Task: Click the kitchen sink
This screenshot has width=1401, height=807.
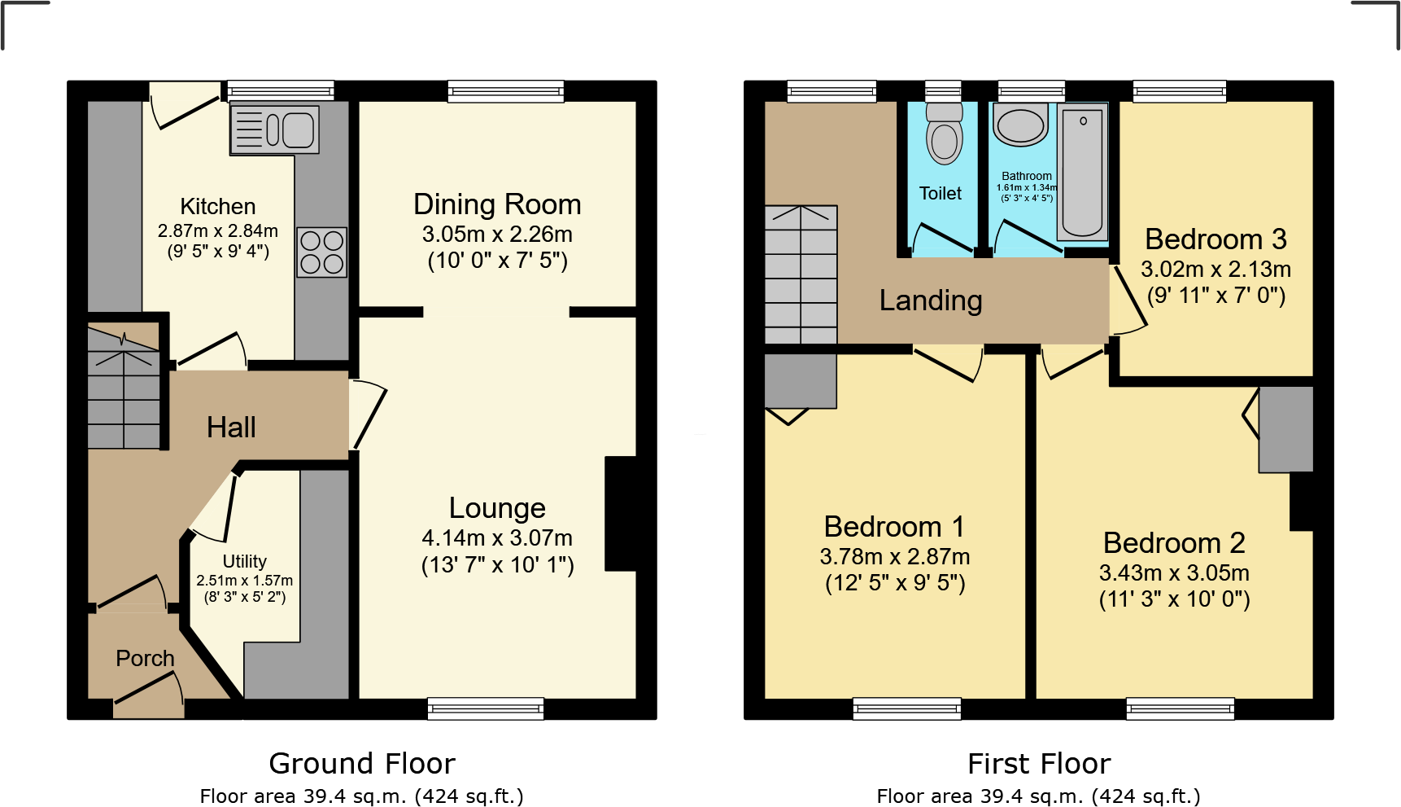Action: point(275,129)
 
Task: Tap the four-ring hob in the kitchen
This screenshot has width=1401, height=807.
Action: point(322,252)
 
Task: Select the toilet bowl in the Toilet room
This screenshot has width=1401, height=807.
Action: point(945,133)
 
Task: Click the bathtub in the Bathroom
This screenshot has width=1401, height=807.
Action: point(1083,172)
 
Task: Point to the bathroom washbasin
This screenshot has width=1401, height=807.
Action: point(1020,125)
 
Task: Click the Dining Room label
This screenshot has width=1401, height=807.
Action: point(497,204)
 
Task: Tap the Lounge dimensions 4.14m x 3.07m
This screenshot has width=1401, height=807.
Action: point(497,538)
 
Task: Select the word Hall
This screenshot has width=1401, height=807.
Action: point(231,427)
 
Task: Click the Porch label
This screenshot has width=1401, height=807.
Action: point(145,658)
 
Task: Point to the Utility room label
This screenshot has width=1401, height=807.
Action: point(245,561)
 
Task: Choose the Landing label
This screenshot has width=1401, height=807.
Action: point(931,300)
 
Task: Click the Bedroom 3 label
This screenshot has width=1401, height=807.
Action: point(1216,239)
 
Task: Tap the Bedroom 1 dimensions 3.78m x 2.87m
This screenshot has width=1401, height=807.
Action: point(895,557)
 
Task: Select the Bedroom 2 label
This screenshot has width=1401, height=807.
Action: point(1174,542)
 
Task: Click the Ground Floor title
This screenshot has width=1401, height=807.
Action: point(362,764)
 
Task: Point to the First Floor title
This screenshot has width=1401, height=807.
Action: point(1039,764)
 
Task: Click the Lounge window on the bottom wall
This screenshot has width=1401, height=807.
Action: point(486,709)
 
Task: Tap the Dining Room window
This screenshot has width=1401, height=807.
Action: point(505,91)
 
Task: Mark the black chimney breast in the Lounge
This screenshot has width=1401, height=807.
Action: point(621,514)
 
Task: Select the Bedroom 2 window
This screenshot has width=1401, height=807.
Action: point(1181,709)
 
